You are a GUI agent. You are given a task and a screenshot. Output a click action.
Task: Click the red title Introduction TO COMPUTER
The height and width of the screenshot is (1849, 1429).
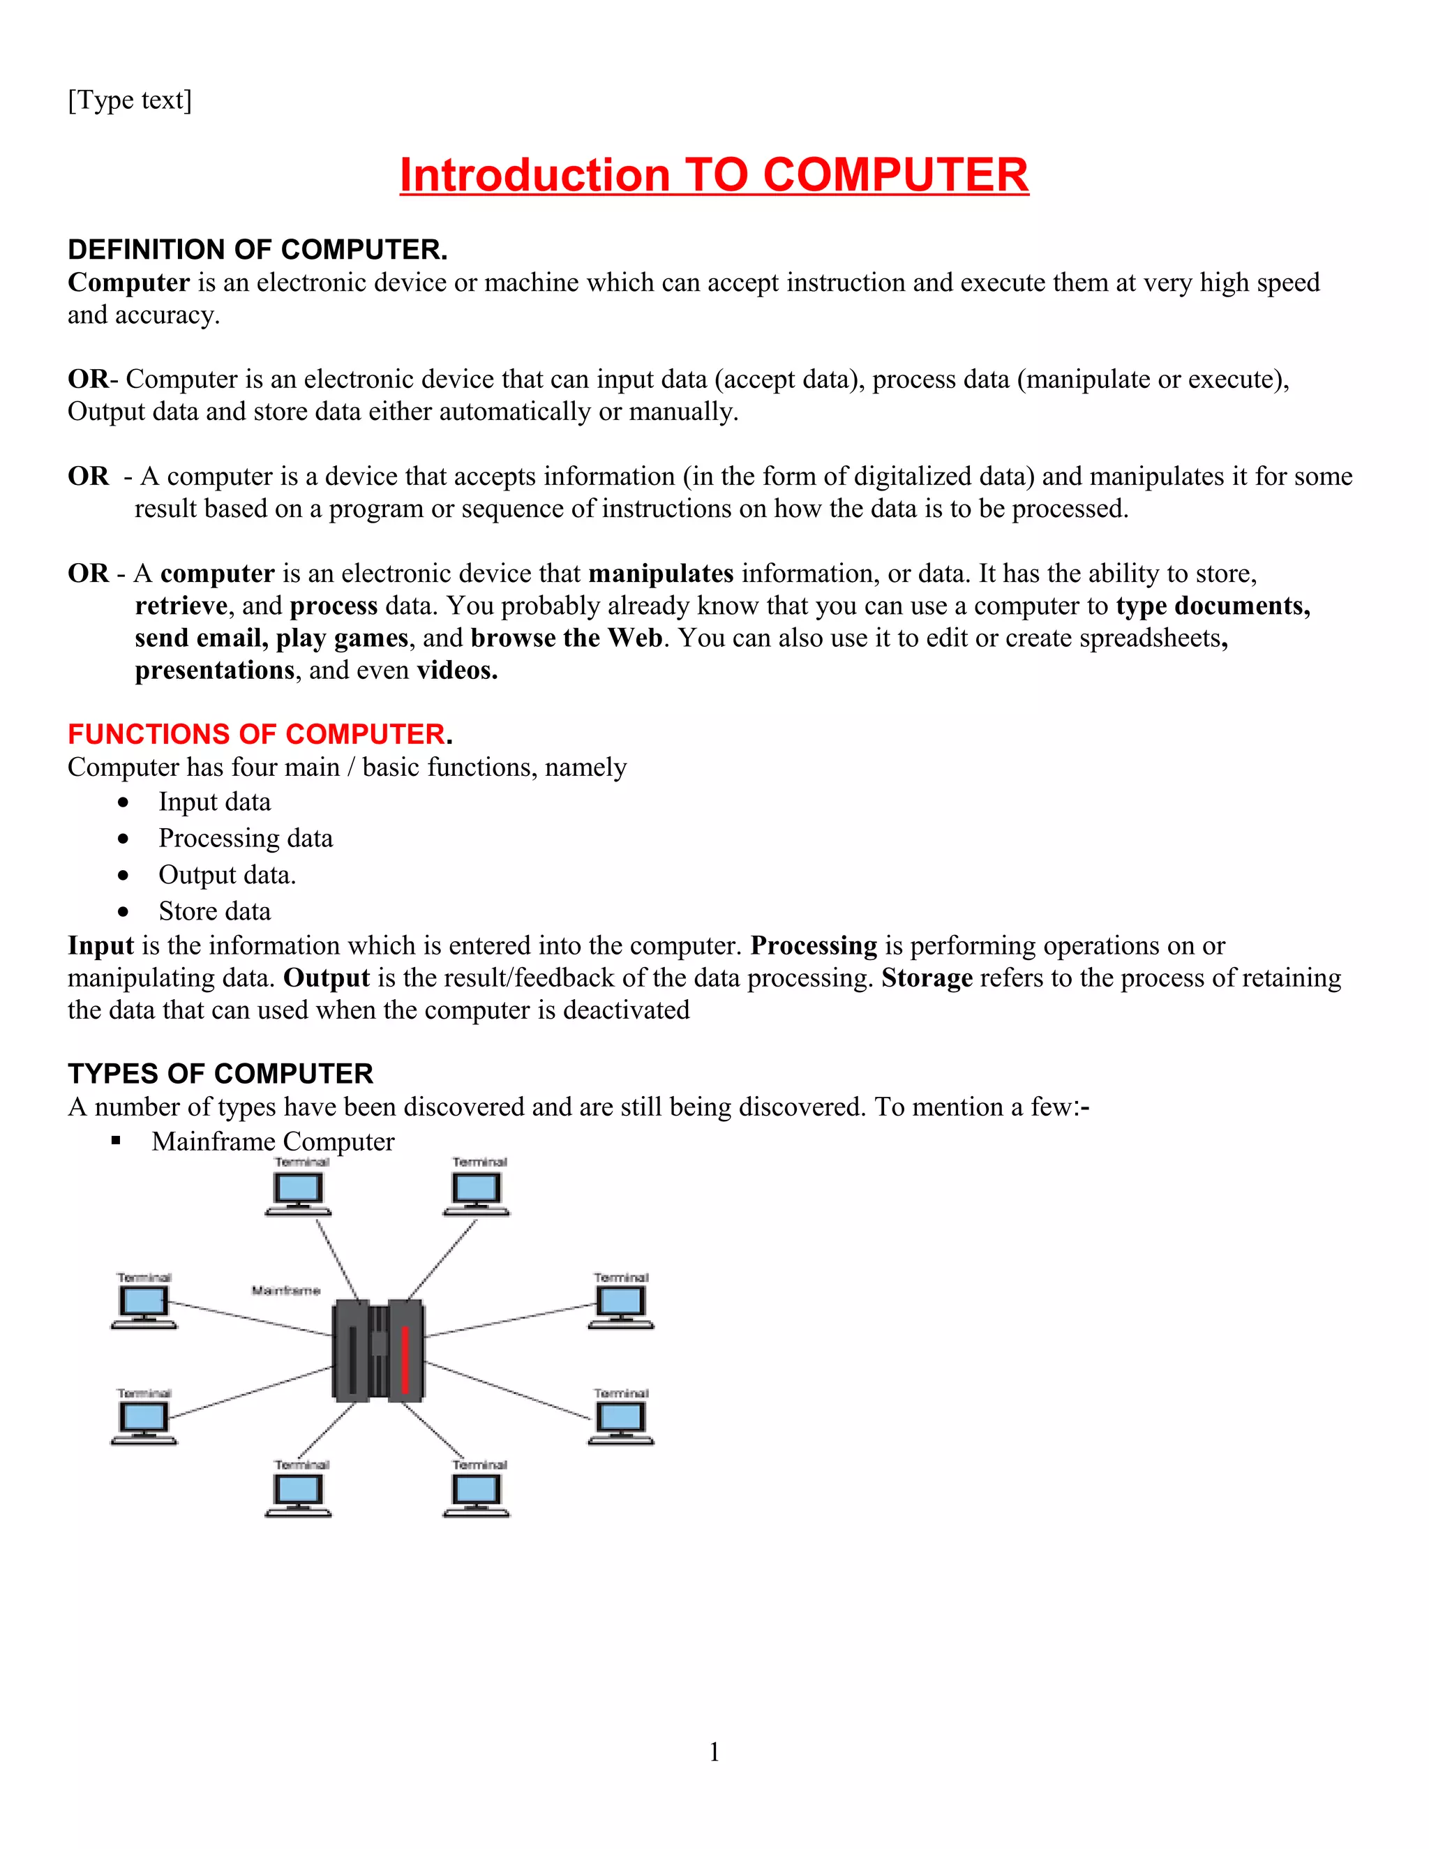point(714,175)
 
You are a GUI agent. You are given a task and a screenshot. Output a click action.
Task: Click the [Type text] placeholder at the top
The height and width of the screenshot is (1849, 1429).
point(130,100)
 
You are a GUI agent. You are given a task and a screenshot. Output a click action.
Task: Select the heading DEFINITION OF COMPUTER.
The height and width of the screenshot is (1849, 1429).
point(257,250)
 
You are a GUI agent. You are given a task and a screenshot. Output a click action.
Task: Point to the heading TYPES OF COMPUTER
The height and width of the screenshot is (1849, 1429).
point(220,1074)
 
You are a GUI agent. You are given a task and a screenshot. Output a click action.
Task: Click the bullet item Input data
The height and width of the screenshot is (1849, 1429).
point(214,802)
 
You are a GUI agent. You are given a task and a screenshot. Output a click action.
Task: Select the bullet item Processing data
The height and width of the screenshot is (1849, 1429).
point(246,838)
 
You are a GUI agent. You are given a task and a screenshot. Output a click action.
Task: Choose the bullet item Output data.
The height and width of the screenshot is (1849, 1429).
point(227,874)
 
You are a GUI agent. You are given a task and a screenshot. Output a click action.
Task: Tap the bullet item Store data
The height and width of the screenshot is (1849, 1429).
point(214,911)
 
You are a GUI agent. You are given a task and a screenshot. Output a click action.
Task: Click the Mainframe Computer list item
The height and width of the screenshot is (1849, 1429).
point(273,1141)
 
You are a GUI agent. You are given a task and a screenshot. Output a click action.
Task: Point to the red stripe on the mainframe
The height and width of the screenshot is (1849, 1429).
point(405,1358)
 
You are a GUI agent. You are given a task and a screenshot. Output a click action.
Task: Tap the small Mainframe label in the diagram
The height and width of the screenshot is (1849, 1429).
point(285,1290)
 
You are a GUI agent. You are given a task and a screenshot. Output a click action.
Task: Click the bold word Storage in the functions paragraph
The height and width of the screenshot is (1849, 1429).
point(927,978)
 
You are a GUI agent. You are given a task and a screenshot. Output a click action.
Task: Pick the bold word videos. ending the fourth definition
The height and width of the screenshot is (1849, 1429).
point(457,671)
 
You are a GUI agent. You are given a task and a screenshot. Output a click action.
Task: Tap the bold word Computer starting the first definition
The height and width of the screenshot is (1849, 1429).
point(128,282)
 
